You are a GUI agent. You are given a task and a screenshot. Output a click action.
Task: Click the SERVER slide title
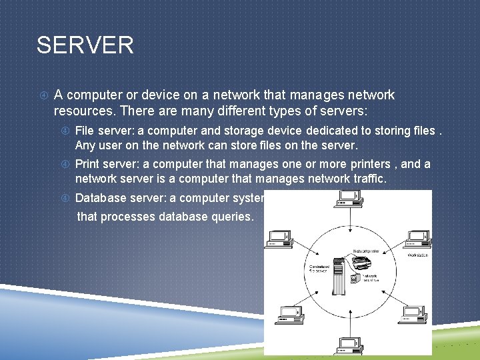click(x=85, y=45)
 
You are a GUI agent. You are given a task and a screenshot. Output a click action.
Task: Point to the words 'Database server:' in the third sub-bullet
click(x=117, y=197)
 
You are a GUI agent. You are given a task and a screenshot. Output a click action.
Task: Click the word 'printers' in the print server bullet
click(x=369, y=164)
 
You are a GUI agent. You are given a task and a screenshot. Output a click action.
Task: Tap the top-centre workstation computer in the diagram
click(x=349, y=198)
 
